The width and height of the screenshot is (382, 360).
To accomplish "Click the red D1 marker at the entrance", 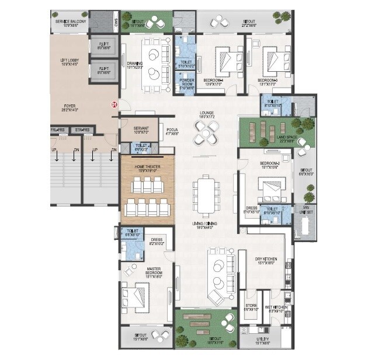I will point(114,104).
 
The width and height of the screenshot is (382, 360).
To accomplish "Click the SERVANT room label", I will point(141,130).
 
